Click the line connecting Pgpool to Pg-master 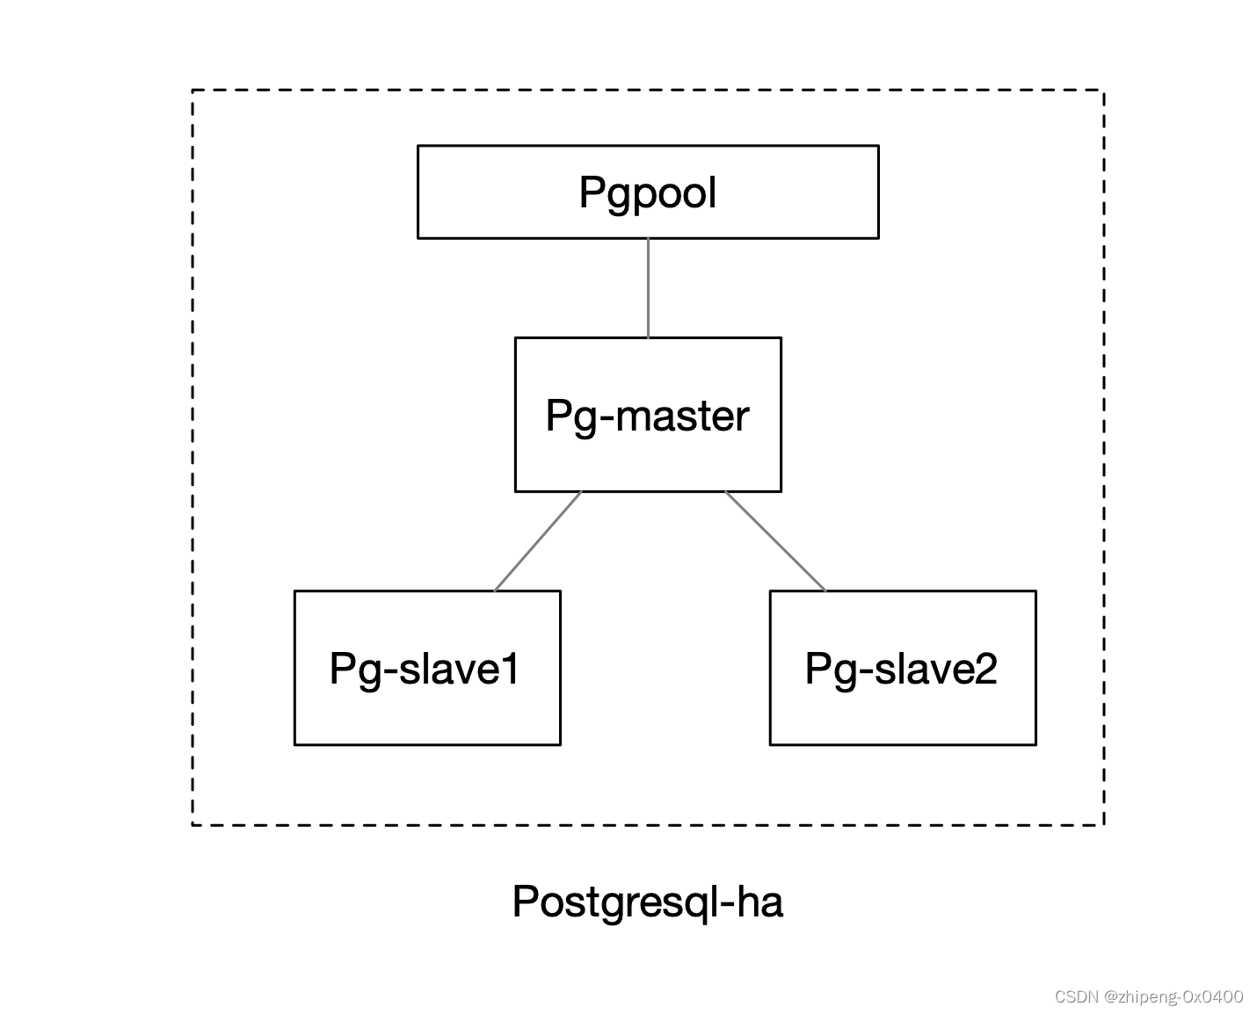tap(649, 287)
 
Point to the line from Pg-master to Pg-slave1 tap(537, 541)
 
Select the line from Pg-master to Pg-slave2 tap(775, 541)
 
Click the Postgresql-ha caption tap(647, 902)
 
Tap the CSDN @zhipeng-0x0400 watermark tap(1148, 996)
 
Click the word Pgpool tap(648, 192)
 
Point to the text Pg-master tap(648, 416)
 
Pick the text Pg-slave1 tap(425, 669)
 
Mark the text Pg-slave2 tap(901, 669)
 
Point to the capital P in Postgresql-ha tap(525, 902)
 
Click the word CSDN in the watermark tap(1077, 996)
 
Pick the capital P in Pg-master tap(558, 415)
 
